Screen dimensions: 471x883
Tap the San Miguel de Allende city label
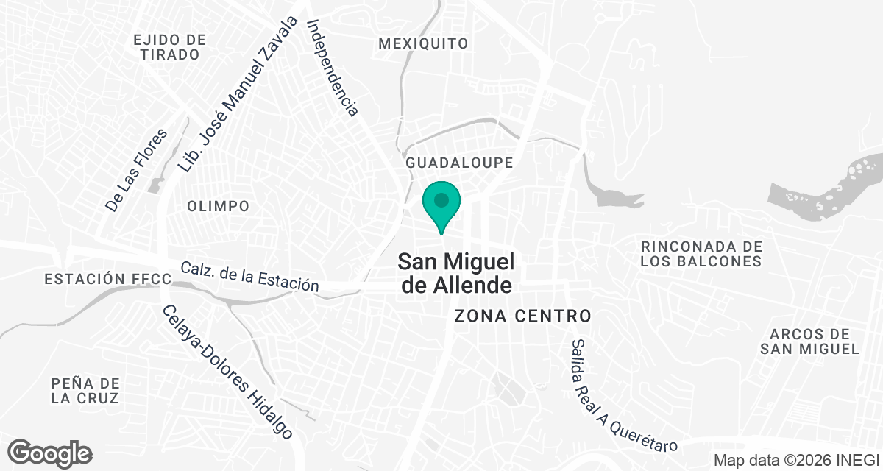(x=455, y=272)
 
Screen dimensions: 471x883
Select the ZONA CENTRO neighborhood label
(x=522, y=316)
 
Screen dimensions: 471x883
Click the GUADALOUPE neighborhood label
(x=458, y=162)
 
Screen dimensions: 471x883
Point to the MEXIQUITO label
(x=423, y=43)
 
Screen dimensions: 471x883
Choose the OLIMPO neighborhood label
(x=218, y=206)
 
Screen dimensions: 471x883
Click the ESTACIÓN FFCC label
(x=107, y=279)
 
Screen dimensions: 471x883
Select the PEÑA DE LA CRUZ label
(x=85, y=390)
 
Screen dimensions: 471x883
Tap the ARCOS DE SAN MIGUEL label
(x=809, y=341)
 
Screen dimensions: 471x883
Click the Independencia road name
(x=333, y=68)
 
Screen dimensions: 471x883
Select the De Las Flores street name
(x=137, y=171)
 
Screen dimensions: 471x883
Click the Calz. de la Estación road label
(x=249, y=277)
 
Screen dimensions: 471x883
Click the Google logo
(x=49, y=452)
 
